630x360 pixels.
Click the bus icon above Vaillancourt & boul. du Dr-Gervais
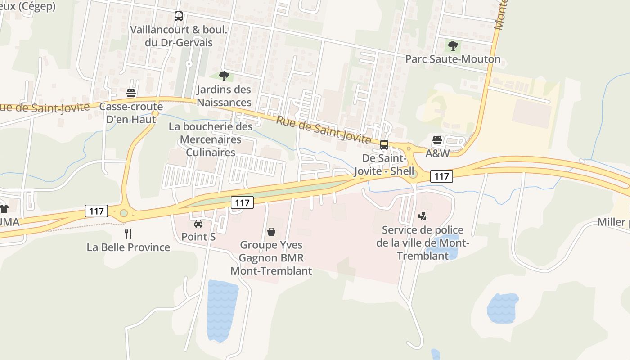point(179,16)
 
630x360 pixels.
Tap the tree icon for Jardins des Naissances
point(224,76)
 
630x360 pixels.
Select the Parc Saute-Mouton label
point(453,59)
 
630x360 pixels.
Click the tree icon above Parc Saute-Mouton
point(453,45)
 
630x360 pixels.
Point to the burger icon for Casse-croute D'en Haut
point(131,93)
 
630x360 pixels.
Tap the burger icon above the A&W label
point(437,140)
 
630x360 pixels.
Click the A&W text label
point(437,153)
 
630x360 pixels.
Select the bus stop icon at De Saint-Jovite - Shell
point(384,145)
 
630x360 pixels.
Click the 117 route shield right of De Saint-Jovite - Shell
point(441,176)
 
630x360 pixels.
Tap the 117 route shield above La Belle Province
point(97,211)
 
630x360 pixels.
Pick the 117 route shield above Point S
point(242,202)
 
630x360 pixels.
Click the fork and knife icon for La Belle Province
point(128,234)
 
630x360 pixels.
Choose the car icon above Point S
point(198,223)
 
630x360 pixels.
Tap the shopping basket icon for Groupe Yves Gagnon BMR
point(271,232)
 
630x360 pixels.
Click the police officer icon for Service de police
point(422,216)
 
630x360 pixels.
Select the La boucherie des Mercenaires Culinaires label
point(211,139)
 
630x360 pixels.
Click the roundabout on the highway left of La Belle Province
point(124,213)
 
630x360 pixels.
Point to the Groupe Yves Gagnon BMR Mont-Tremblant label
point(271,258)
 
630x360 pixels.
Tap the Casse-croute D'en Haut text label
point(131,113)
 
